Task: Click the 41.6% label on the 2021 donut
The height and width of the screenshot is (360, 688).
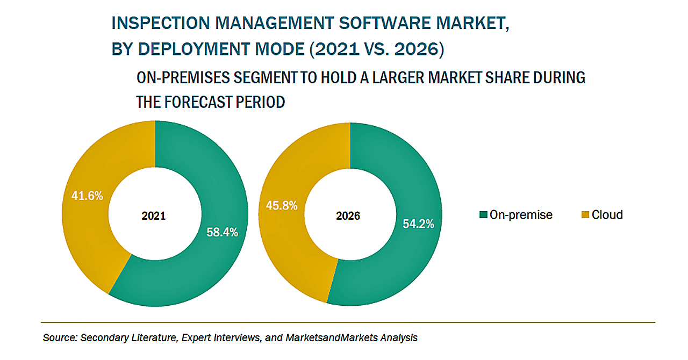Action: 87,196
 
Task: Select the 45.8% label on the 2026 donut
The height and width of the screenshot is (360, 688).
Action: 282,205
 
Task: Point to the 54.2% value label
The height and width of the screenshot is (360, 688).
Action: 418,224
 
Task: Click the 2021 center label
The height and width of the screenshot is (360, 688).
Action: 154,217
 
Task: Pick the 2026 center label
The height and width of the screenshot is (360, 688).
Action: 348,217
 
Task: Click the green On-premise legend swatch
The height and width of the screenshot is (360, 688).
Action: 483,215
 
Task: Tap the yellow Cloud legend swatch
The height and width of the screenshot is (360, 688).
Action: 585,215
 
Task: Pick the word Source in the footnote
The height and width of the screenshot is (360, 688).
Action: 59,338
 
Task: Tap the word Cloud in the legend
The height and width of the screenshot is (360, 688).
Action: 607,215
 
